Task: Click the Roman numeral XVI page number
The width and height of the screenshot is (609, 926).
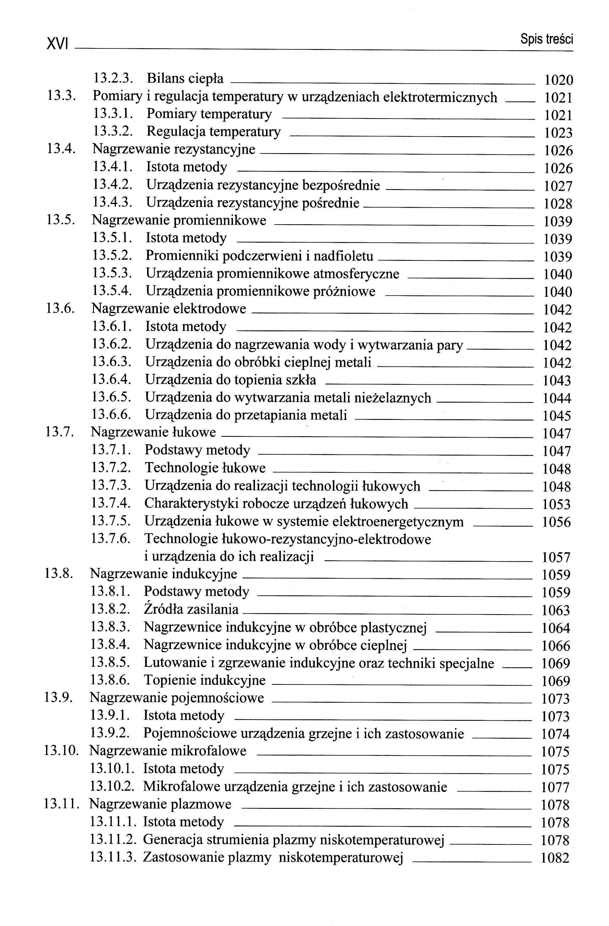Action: pyautogui.click(x=57, y=43)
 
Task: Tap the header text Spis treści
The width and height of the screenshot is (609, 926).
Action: pyautogui.click(x=546, y=39)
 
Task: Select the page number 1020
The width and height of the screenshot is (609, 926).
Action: pyautogui.click(x=558, y=80)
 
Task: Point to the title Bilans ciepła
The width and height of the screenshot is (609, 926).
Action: pyautogui.click(x=185, y=79)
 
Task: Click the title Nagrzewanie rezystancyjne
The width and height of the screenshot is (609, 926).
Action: pyautogui.click(x=174, y=149)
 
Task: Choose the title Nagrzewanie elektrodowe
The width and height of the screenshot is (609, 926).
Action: pyautogui.click(x=169, y=309)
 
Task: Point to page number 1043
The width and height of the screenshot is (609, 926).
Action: pyautogui.click(x=557, y=380)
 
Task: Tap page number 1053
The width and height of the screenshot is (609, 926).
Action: pyautogui.click(x=556, y=505)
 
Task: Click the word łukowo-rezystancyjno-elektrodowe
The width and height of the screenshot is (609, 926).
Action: pyautogui.click(x=288, y=539)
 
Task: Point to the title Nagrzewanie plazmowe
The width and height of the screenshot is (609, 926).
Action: pyautogui.click(x=160, y=804)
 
